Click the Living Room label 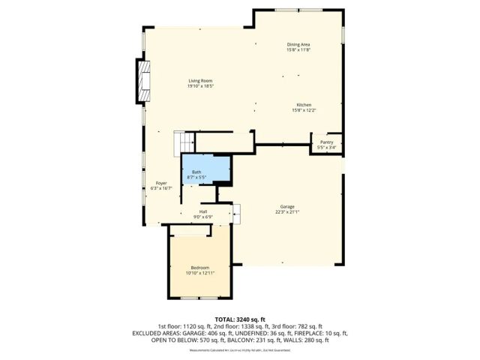click(200, 80)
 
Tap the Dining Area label click(298, 44)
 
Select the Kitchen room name click(303, 104)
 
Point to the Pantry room click(326, 142)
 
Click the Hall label click(202, 211)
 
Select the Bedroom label click(200, 267)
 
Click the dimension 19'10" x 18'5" click(200, 86)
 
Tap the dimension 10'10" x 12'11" click(200, 273)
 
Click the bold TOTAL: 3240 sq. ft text click(240, 319)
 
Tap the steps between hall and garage click(236, 212)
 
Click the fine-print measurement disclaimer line click(240, 349)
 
